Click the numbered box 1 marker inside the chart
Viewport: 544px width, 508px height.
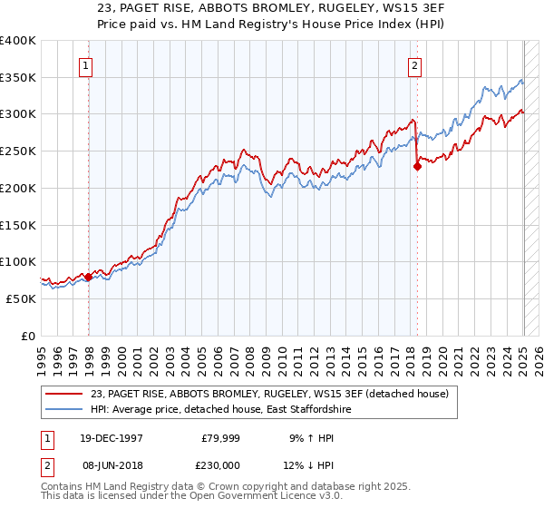84,64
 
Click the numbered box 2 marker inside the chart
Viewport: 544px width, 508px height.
414,64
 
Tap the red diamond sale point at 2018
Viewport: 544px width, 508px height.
417,165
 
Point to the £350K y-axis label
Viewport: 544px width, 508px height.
18,77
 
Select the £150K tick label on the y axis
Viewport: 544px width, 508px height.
18,225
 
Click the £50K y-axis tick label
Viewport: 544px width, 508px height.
22,298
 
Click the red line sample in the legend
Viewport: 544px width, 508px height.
63,394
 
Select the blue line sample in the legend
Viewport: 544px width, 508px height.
63,410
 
